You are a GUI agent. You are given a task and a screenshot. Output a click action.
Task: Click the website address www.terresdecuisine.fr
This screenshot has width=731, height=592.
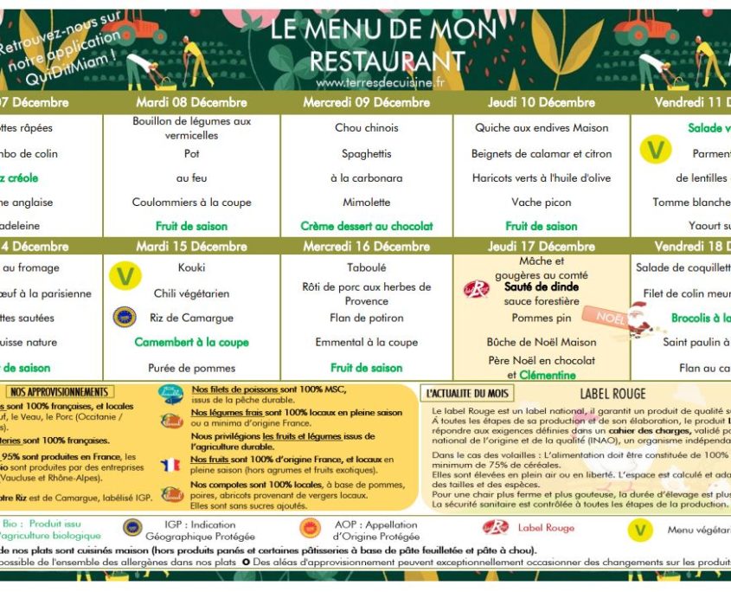point(380,83)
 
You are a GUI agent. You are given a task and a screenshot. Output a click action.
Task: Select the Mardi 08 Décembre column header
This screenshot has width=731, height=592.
point(191,102)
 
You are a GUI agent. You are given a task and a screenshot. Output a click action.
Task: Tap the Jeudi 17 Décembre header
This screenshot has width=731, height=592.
point(541,247)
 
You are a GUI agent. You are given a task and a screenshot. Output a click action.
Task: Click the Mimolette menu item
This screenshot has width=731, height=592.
point(367,202)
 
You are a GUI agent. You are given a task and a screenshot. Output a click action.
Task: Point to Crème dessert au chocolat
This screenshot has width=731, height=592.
point(367,226)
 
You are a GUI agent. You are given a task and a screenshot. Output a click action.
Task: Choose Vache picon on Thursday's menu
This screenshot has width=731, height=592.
point(541,202)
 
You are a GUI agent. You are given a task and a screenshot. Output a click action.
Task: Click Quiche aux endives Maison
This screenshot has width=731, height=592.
point(541,127)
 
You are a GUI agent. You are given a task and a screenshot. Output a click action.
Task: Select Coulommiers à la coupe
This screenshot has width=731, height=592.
point(191,202)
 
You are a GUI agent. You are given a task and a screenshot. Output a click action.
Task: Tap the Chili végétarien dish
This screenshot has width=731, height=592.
point(191,293)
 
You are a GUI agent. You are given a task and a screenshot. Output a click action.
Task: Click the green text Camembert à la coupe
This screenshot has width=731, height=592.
point(191,342)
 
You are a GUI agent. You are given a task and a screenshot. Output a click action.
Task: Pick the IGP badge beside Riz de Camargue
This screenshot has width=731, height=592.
point(125,318)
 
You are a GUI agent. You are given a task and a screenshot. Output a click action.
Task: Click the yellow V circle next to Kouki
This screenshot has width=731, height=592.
point(125,275)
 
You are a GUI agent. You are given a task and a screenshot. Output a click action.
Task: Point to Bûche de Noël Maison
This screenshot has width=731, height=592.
point(541,342)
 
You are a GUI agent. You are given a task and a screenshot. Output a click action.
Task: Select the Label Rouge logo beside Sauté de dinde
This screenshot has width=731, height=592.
point(477,289)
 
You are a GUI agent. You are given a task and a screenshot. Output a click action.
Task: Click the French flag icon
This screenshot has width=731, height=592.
point(170,464)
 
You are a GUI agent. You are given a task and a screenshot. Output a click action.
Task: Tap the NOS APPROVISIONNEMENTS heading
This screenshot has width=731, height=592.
point(59,392)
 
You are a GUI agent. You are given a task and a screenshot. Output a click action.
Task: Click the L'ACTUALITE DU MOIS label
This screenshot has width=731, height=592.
point(464,393)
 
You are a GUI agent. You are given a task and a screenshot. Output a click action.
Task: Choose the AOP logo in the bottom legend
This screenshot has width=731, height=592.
point(309,528)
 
